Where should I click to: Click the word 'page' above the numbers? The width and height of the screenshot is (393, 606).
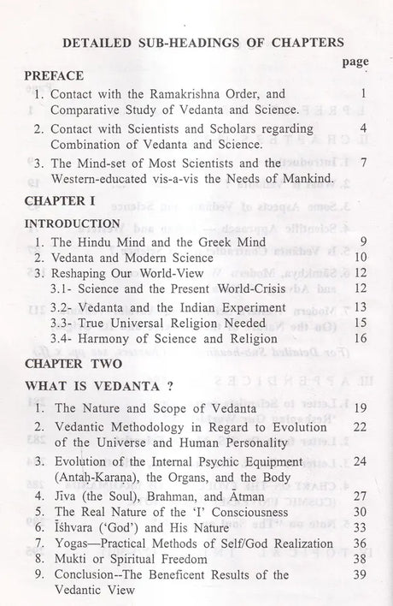click(x=355, y=62)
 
